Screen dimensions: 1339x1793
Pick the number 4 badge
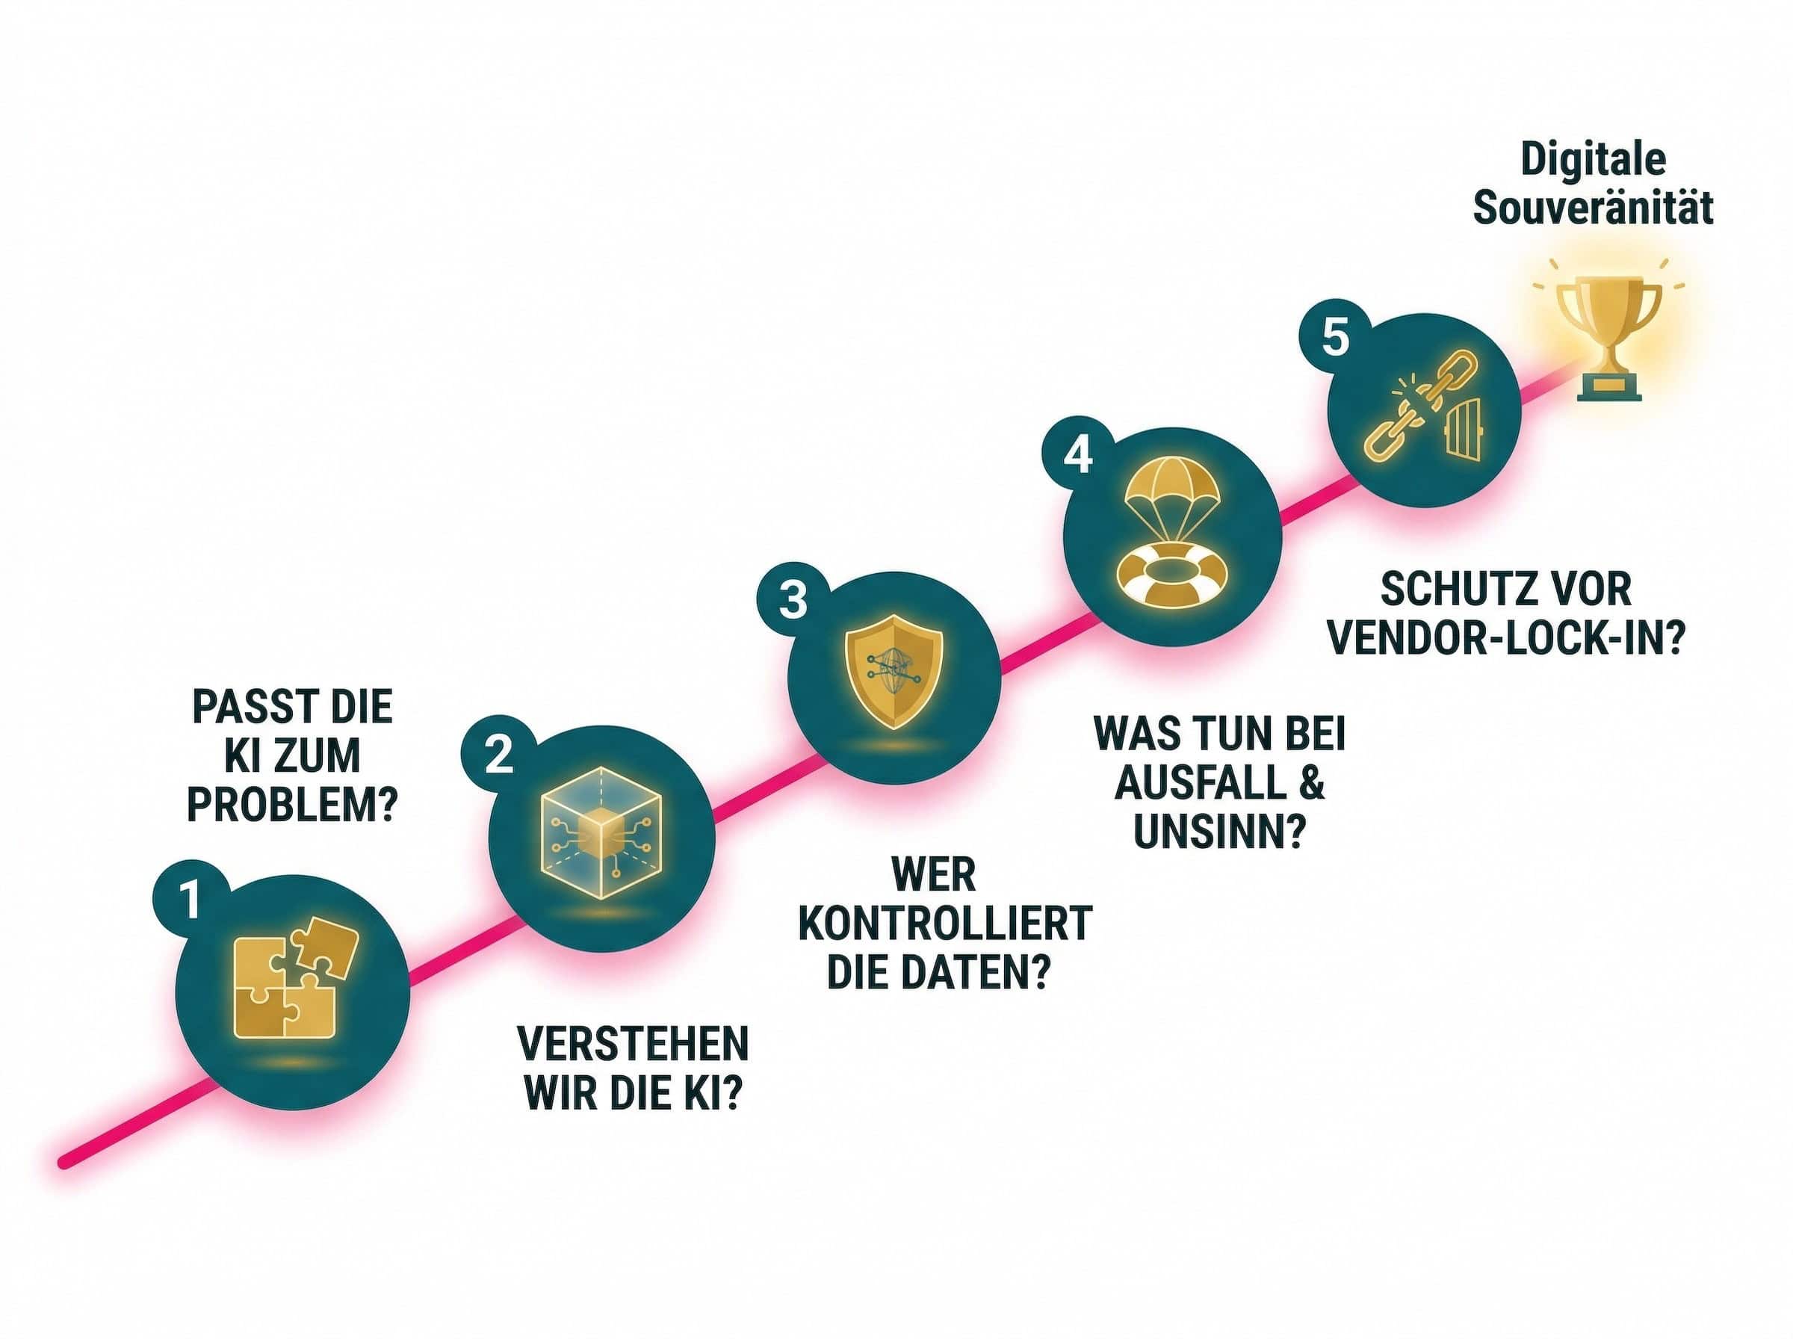pos(1077,455)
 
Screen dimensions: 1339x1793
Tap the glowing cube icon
pos(601,832)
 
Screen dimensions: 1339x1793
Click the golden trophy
pos(1608,336)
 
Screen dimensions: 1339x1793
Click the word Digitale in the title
pos(1593,159)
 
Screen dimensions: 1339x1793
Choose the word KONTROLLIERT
pos(946,924)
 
